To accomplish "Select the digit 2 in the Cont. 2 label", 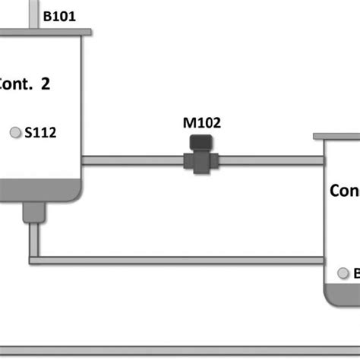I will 46,84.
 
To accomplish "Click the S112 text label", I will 41,133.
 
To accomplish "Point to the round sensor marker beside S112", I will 14,133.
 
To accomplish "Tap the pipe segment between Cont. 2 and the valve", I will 133,160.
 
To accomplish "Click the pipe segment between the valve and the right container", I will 270,160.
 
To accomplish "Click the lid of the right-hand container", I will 337,137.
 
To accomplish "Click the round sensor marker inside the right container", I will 343,273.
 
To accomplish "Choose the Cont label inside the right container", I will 344,191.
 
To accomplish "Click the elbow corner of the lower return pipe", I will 34,260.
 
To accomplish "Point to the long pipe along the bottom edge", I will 180,351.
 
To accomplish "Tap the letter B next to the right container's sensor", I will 356,273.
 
